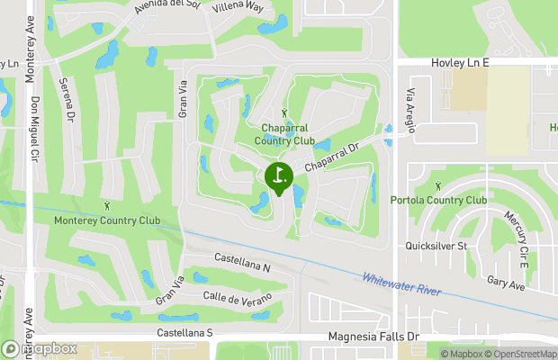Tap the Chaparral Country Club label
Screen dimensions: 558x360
(x=284, y=134)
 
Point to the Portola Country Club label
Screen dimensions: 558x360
(x=439, y=200)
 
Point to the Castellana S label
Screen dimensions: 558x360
(x=184, y=333)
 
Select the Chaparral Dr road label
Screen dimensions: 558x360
(x=331, y=156)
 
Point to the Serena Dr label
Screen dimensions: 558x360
(x=66, y=98)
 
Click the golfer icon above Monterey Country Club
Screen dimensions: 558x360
(x=107, y=206)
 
